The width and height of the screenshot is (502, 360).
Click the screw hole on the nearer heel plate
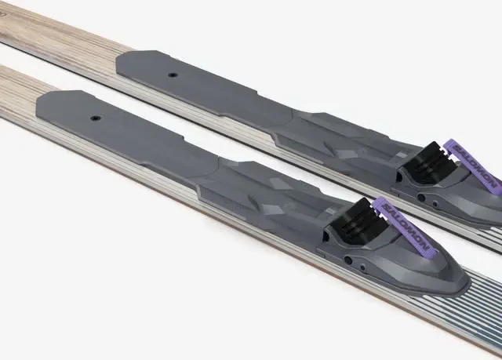coord(95,118)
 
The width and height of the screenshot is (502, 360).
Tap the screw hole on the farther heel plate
coord(173,75)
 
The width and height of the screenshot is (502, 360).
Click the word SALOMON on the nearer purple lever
coord(405,227)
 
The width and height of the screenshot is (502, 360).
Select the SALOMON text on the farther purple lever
coord(475,167)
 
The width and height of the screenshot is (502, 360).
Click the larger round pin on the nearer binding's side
coord(348,260)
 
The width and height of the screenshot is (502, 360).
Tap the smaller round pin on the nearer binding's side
coord(362,267)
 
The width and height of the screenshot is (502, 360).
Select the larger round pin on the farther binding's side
coord(422,198)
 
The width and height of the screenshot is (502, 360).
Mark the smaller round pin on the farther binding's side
coord(435,203)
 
